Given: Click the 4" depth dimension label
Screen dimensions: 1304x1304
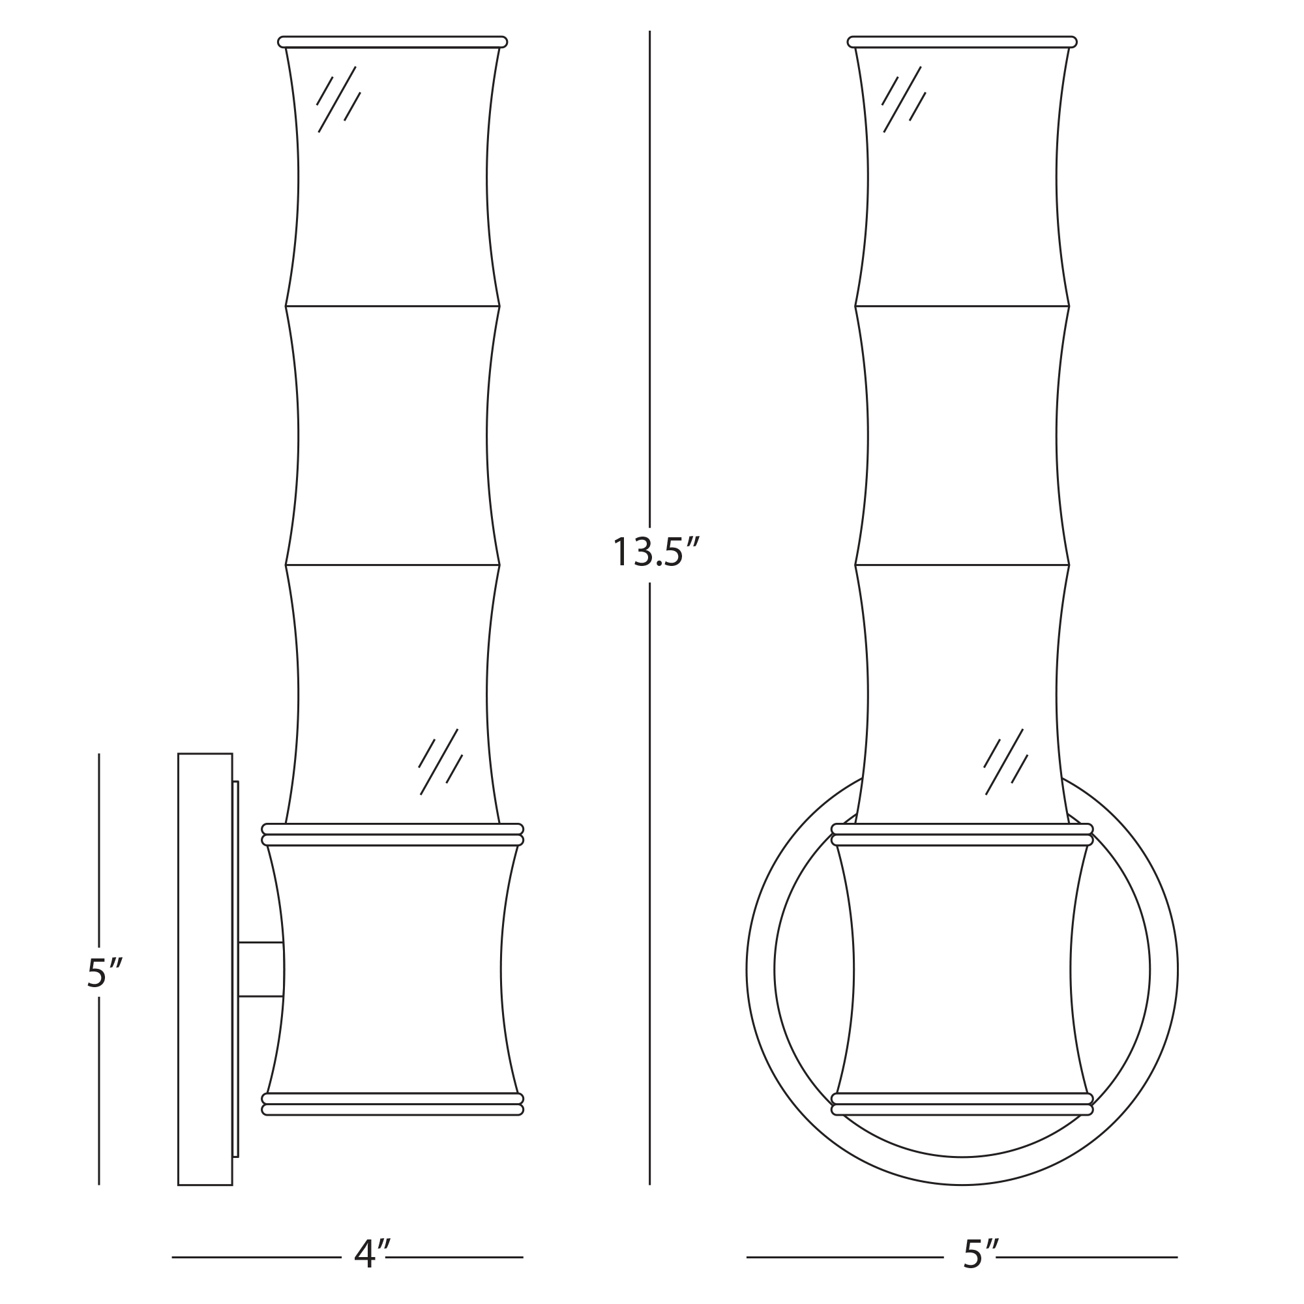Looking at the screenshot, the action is point(372,1254).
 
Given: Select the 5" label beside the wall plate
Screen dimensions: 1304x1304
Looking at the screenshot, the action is point(104,973).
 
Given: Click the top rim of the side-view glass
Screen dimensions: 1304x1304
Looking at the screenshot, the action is point(392,42).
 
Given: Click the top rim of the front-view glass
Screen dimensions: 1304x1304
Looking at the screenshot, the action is point(962,42).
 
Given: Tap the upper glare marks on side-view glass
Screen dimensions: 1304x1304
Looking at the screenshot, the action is point(338,99).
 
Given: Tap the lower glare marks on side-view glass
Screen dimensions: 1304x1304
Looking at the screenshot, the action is point(441,762).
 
